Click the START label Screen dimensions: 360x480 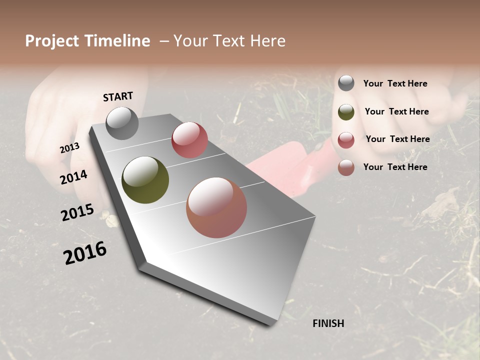coord(118,96)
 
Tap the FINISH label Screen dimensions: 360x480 coord(328,323)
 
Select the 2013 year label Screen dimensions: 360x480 coord(70,148)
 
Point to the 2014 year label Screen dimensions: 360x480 coord(73,177)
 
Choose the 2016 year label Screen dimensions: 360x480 coord(85,253)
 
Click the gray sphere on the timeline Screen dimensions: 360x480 coord(122,123)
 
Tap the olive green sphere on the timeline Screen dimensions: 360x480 coord(145,180)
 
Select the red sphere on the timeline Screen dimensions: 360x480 coord(189,140)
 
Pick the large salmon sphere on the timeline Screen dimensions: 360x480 coord(216,207)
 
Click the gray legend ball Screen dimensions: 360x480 coord(346,83)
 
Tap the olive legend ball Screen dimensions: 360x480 coord(346,112)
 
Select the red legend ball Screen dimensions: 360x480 coord(346,140)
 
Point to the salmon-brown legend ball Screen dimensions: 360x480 coord(346,167)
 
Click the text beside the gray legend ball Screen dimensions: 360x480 coord(395,83)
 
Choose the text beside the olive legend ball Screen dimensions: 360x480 coord(396,111)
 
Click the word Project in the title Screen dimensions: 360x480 coord(52,41)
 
